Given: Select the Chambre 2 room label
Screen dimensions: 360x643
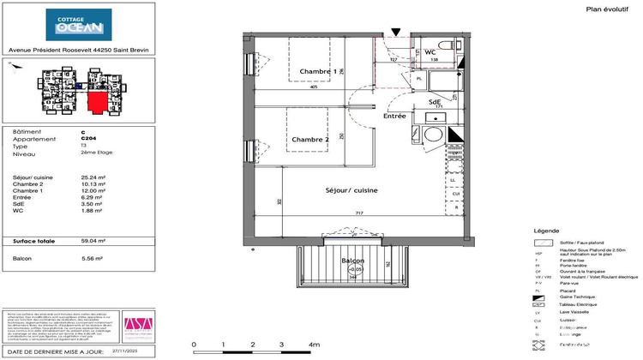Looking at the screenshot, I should (309, 140).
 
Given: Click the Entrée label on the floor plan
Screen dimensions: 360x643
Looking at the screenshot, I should (394, 116).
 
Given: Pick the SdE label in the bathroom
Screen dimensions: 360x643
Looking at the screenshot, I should (435, 102).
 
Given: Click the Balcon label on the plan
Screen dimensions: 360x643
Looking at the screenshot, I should (353, 261).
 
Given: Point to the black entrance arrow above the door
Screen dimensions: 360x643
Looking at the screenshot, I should (394, 33).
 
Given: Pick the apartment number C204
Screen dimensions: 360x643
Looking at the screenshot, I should (88, 139).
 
